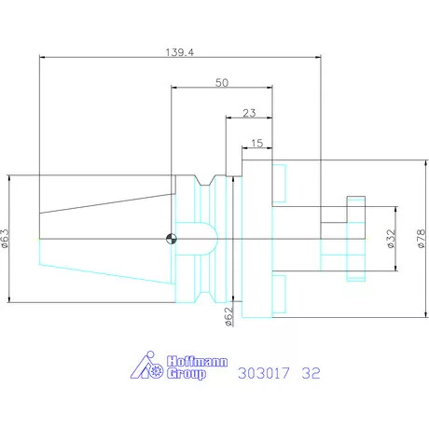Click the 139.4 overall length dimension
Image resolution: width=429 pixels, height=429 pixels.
tap(180, 54)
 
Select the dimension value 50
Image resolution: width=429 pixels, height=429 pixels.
tap(221, 82)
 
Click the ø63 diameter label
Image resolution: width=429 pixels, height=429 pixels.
tap(7, 240)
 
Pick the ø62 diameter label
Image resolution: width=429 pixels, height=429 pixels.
tap(228, 317)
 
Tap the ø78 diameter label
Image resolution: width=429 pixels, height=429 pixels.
tap(421, 240)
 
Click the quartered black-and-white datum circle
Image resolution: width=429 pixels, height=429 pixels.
tap(170, 239)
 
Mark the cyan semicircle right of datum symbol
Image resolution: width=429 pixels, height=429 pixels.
tap(203, 239)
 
